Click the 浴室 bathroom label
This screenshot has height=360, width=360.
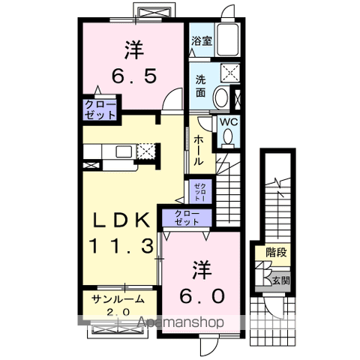pos(201,42)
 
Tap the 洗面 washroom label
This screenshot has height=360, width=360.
pos(201,86)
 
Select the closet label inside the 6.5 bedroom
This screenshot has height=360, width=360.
pos(100,109)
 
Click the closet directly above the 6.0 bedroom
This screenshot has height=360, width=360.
pos(187,218)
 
